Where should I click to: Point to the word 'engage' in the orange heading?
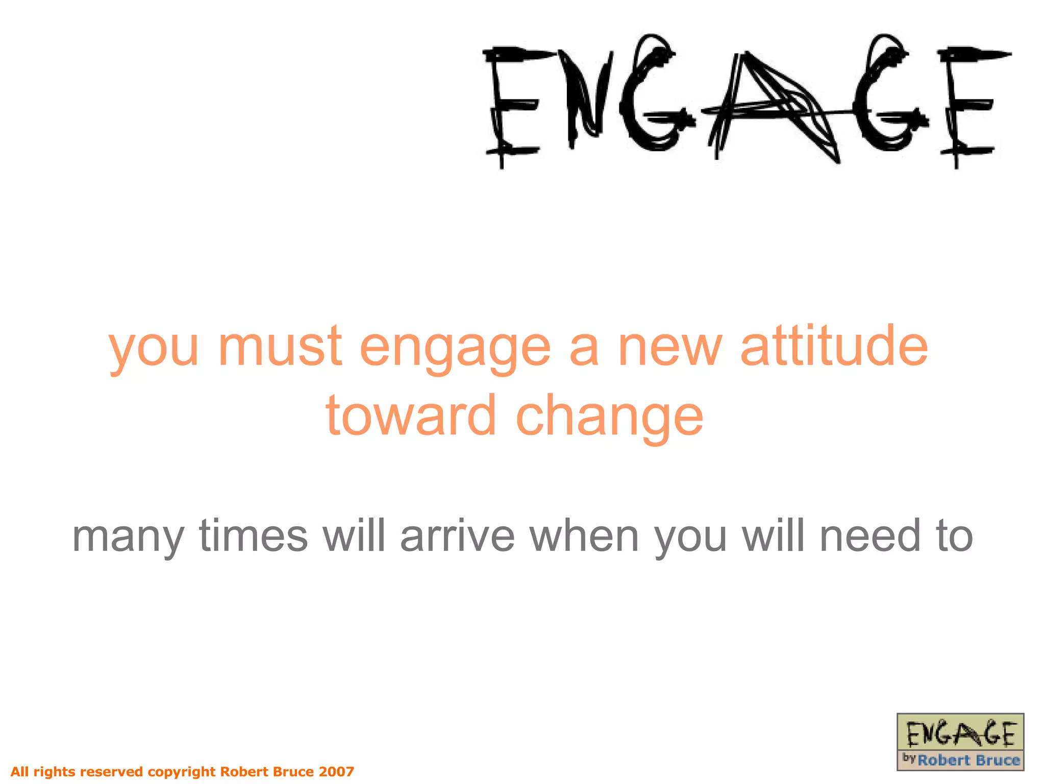[455, 350]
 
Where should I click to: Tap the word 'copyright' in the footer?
[182, 772]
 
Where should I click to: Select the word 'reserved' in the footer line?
[111, 771]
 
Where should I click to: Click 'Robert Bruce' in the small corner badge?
[968, 761]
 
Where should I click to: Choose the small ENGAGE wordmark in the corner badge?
[960, 734]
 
